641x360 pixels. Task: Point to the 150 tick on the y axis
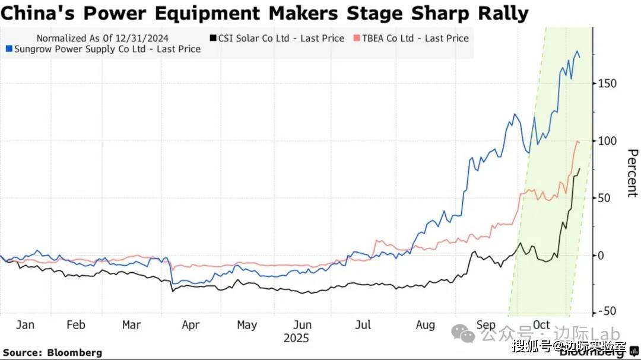pyautogui.click(x=607, y=84)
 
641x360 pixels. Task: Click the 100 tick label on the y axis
pyautogui.click(x=607, y=141)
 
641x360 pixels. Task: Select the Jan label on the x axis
pyautogui.click(x=24, y=325)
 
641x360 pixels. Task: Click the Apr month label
pyautogui.click(x=190, y=325)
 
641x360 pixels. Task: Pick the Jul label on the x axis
pyautogui.click(x=363, y=325)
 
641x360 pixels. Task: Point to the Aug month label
pyautogui.click(x=425, y=325)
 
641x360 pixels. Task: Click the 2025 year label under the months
pyautogui.click(x=296, y=339)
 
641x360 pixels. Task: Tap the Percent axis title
pyautogui.click(x=632, y=173)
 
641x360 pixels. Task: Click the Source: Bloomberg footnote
pyautogui.click(x=53, y=353)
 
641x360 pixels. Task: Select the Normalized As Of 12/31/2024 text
pyautogui.click(x=102, y=38)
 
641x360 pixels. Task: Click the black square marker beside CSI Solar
pyautogui.click(x=212, y=38)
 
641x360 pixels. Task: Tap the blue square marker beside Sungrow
pyautogui.click(x=8, y=49)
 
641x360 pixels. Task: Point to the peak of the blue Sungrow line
pyautogui.click(x=577, y=52)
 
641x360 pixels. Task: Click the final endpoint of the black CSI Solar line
pyautogui.click(x=579, y=169)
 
